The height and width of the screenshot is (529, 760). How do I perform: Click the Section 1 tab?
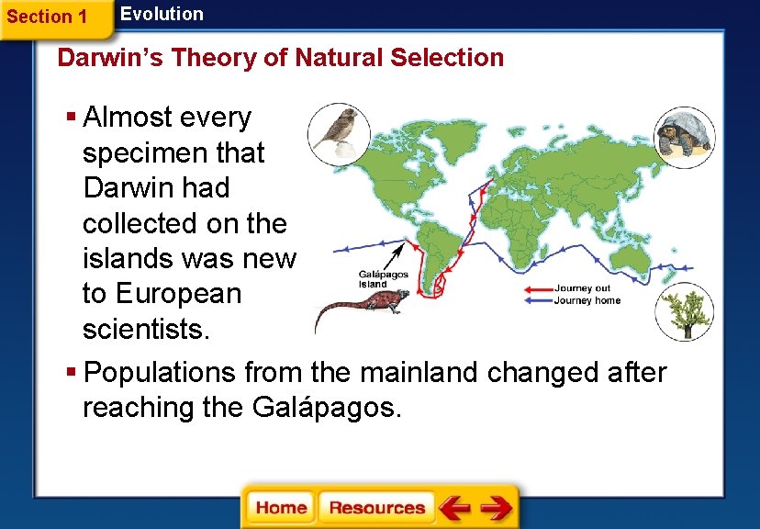click(x=48, y=17)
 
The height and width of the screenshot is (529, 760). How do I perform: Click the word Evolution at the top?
click(x=162, y=14)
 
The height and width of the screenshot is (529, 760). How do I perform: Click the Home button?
click(x=281, y=508)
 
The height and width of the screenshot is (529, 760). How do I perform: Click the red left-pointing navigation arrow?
click(x=454, y=508)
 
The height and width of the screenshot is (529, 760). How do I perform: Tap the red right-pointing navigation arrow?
click(x=497, y=508)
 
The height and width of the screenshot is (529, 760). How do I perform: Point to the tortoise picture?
click(x=684, y=135)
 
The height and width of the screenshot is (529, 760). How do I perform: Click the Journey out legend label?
click(x=582, y=288)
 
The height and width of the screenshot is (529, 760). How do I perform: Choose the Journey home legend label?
click(x=587, y=300)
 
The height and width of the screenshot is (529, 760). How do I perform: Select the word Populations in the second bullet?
click(x=162, y=373)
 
